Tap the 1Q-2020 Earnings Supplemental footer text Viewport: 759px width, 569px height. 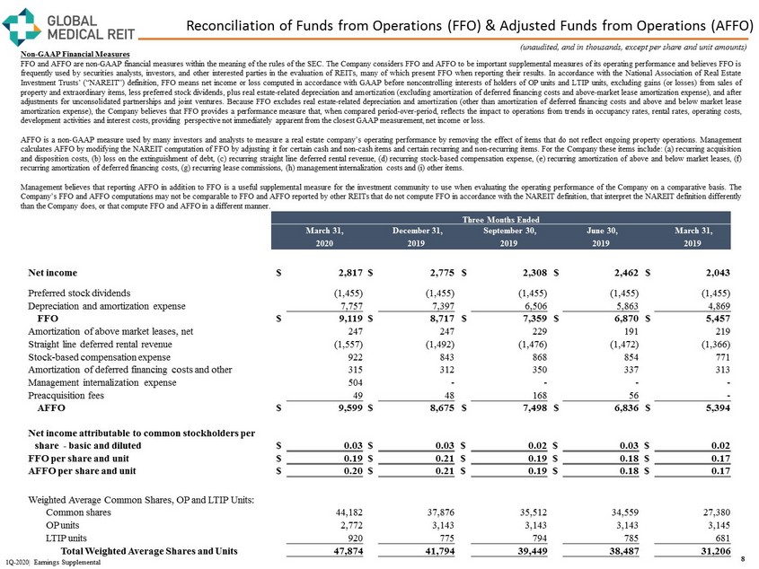[x=57, y=561]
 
